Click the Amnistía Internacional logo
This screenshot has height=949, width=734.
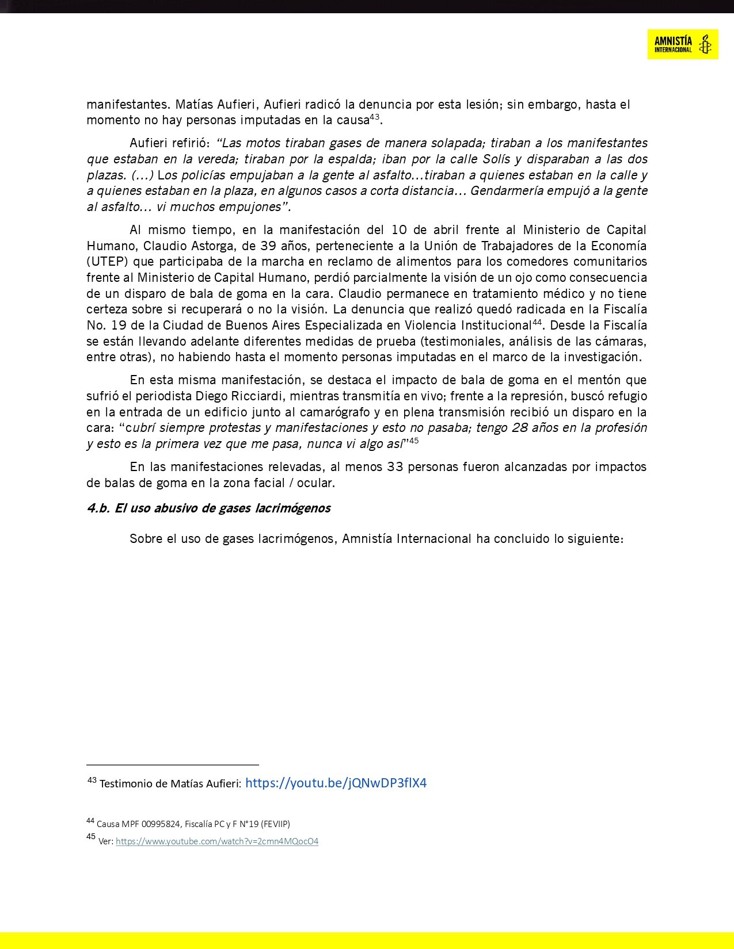click(x=682, y=44)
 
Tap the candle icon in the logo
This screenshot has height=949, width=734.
click(x=705, y=44)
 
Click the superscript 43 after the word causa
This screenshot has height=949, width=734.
click(x=375, y=117)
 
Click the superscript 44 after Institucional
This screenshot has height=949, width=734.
click(x=537, y=322)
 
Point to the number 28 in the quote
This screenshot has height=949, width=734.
click(x=522, y=428)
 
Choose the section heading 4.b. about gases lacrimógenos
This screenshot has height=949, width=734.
click(x=208, y=508)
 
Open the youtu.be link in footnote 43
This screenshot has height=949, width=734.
click(x=336, y=783)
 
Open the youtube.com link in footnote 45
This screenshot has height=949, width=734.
click(x=217, y=841)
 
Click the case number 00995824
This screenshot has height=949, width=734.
click(x=161, y=824)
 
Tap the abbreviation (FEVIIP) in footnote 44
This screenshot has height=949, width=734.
click(x=275, y=824)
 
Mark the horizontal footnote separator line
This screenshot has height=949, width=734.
click(x=173, y=765)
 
